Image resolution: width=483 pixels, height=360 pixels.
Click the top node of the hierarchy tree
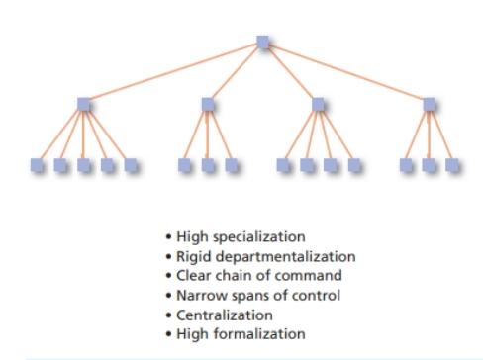pyautogui.click(x=262, y=43)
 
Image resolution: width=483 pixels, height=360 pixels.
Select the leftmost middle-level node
pyautogui.click(x=83, y=104)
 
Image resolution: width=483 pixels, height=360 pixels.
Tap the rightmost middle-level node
pyautogui.click(x=429, y=104)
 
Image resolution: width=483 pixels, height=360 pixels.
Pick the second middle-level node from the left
pyautogui.click(x=207, y=104)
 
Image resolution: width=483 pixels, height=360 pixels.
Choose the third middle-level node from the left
pyautogui.click(x=318, y=104)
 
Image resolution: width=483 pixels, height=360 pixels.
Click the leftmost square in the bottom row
pyautogui.click(x=37, y=164)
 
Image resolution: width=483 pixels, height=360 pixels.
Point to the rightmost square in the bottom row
pyautogui.click(x=451, y=164)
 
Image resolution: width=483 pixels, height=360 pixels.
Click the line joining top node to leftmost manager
pyautogui.click(x=173, y=73)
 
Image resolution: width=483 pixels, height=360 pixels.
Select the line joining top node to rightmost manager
pyautogui.click(x=345, y=73)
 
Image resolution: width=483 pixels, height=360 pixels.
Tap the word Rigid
pyautogui.click(x=199, y=256)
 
